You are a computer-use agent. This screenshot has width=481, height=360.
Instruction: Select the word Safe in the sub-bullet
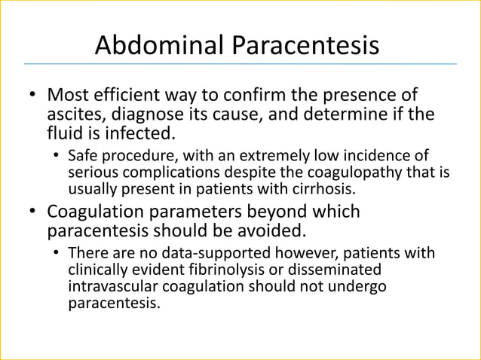[x=81, y=156]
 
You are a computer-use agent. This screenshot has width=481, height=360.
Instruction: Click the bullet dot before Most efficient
[x=32, y=97]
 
